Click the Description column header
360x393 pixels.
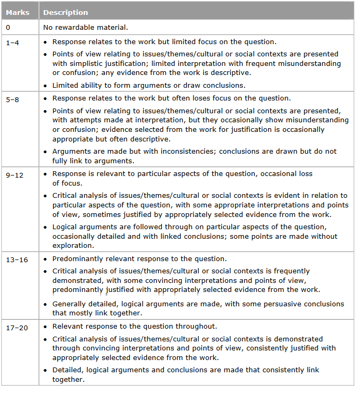coord(65,12)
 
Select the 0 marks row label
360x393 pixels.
coord(8,27)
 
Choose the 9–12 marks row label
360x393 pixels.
coord(14,173)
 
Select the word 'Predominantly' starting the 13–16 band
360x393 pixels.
coord(77,259)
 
